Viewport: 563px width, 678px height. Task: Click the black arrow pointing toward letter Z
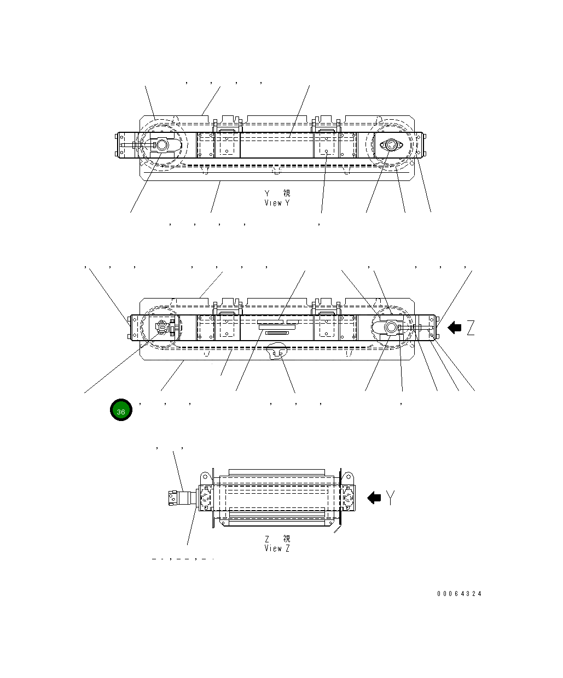coord(454,328)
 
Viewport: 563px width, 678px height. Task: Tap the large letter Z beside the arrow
coord(470,328)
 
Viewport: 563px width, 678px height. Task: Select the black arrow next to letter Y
coord(374,498)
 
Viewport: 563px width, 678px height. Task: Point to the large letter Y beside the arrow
coord(390,498)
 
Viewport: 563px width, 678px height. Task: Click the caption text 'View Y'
coord(277,203)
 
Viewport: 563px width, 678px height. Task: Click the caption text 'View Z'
coord(277,548)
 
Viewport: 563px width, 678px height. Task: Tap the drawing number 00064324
coord(459,594)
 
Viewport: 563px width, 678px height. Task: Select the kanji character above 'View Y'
coord(287,194)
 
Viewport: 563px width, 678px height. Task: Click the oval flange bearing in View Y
coord(391,145)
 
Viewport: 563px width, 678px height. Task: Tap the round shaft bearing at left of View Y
coord(162,145)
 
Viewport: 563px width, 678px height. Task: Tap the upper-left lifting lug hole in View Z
coord(206,475)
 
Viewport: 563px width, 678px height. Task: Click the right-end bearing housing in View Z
coord(347,498)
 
